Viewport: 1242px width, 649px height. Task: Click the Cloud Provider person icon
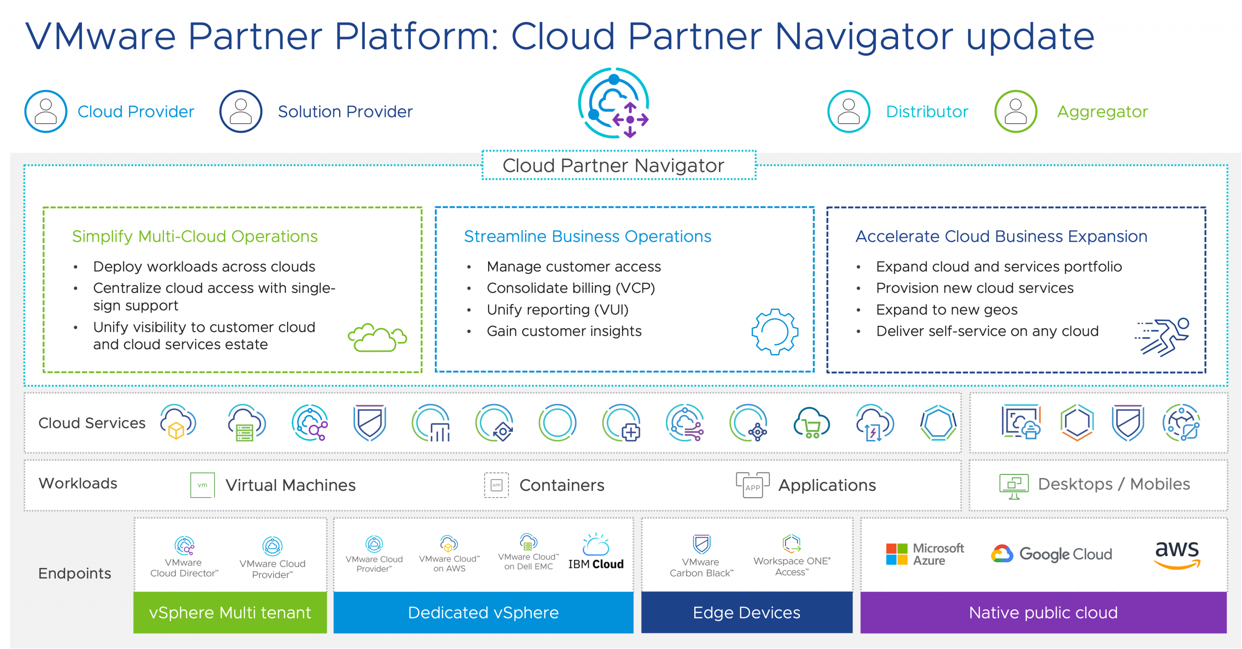pos(46,112)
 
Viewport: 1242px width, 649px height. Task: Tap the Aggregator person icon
pos(1015,112)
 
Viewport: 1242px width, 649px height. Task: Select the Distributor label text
pos(927,112)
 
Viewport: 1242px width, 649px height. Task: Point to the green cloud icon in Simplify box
pos(377,337)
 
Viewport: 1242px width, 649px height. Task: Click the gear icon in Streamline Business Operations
pos(775,332)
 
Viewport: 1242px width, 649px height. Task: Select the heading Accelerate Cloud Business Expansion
pos(1001,236)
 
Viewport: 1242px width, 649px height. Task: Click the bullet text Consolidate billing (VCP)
pos(571,288)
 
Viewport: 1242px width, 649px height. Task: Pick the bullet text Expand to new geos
pos(947,309)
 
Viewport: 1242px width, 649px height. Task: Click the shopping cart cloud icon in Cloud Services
pos(811,423)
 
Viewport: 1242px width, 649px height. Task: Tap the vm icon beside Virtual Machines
pos(202,485)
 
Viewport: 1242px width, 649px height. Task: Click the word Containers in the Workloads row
pos(562,485)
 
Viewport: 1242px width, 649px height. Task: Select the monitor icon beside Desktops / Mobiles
pos(1013,486)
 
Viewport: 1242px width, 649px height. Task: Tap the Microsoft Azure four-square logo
pos(897,554)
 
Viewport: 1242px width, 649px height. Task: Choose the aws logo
pos(1177,554)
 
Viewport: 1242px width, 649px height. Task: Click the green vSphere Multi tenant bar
pos(230,613)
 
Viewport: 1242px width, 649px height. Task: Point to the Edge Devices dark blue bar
pos(747,613)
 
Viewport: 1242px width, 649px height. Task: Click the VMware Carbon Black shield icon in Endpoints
pos(702,544)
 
